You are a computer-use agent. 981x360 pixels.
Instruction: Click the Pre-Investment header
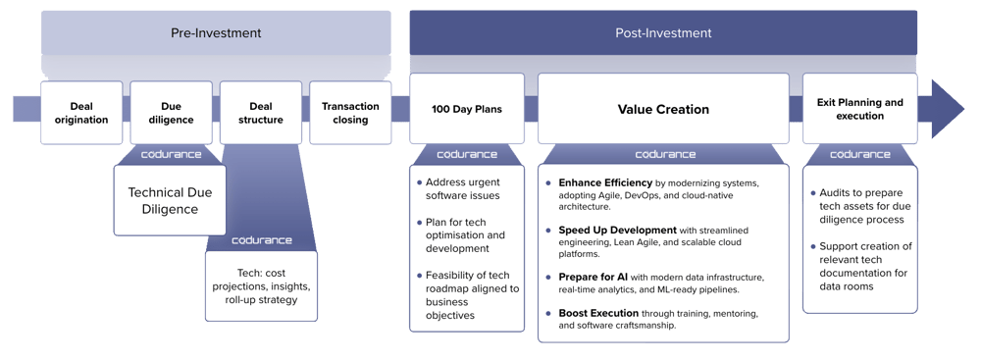pyautogui.click(x=216, y=32)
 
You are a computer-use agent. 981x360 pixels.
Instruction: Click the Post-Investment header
pyautogui.click(x=663, y=32)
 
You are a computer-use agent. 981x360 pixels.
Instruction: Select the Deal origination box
pyautogui.click(x=81, y=112)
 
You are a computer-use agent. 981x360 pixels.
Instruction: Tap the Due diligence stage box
pyautogui.click(x=171, y=112)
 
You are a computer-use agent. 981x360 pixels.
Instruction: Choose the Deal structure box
pyautogui.click(x=260, y=112)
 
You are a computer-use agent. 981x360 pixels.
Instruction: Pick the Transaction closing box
pyautogui.click(x=350, y=112)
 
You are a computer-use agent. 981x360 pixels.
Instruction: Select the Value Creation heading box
pyautogui.click(x=663, y=109)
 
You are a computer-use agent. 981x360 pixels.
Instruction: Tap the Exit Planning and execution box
pyautogui.click(x=859, y=109)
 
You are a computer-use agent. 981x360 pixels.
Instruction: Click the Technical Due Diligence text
pyautogui.click(x=171, y=200)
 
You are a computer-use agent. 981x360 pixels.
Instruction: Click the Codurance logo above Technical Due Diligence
pyautogui.click(x=171, y=154)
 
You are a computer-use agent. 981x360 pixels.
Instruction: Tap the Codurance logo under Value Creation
pyautogui.click(x=664, y=154)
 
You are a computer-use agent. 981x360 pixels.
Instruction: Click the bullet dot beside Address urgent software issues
pyautogui.click(x=419, y=182)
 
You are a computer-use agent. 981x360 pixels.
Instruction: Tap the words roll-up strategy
pyautogui.click(x=260, y=299)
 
